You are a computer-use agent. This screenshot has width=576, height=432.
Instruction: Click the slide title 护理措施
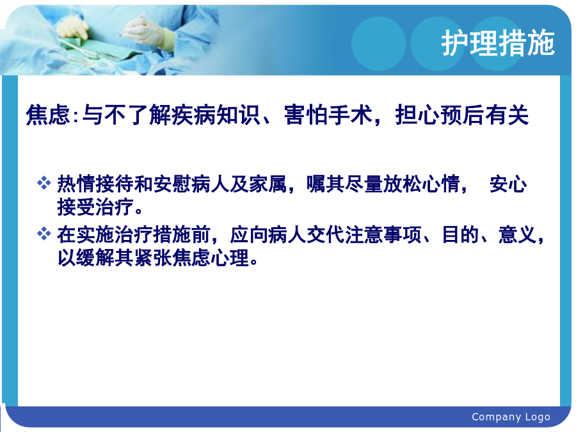point(498,44)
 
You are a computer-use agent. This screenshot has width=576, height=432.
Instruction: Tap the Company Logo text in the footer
point(511,417)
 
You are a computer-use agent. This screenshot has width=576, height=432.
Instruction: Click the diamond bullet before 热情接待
point(44,183)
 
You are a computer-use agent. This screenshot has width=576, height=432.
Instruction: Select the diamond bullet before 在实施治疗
point(44,234)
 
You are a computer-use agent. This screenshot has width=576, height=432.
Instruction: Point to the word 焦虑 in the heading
point(48,115)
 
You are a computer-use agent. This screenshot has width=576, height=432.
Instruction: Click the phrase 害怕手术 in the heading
point(328,115)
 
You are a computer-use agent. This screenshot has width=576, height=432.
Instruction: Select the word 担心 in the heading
point(417,115)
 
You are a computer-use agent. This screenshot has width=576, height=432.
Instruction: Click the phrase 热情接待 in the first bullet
point(95,184)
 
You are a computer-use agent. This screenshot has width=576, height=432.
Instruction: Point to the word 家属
point(268,184)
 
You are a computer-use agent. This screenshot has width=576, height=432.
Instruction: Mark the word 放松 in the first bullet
point(403,184)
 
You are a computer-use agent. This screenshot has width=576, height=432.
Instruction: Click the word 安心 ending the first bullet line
point(508,184)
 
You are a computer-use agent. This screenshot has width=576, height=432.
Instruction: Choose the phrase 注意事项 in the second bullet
point(383,234)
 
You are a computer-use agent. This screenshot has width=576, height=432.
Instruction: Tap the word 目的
point(461,234)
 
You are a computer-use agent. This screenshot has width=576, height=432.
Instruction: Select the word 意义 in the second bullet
point(518,234)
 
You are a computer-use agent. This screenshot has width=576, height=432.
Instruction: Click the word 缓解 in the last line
point(95,257)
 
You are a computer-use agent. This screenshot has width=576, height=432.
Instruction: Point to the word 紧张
point(152,257)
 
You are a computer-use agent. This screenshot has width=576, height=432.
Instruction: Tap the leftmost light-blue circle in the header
point(379,44)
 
